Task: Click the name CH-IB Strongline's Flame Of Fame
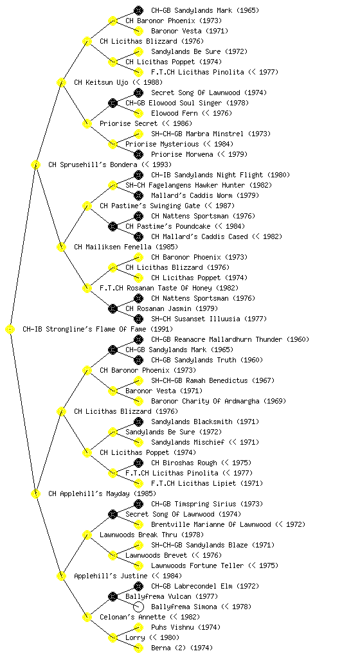[84, 329]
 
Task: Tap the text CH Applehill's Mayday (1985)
[102, 493]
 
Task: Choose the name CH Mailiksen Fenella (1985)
[126, 247]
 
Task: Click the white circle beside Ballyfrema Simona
[138, 607]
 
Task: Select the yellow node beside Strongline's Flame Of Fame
[10, 329]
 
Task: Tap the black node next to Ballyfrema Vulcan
[113, 596]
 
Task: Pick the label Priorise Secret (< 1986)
[145, 123]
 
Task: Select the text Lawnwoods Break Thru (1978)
[152, 535]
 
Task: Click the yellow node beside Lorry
[113, 637]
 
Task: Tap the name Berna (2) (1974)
[182, 648]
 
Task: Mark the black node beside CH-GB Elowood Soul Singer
[113, 103]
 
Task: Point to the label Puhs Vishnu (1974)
[185, 627]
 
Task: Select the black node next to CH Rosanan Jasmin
[113, 308]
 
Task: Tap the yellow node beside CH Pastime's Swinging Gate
[87, 206]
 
